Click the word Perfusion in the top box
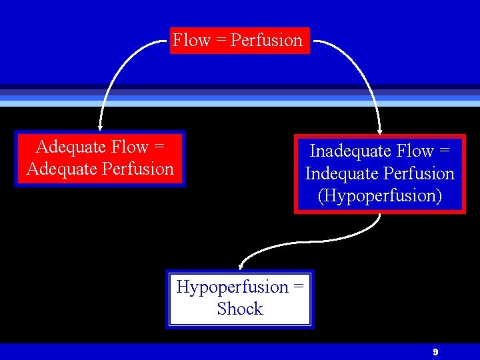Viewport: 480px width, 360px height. [x=266, y=41]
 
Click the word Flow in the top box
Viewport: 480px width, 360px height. [x=191, y=41]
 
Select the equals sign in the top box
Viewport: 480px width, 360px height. [x=220, y=41]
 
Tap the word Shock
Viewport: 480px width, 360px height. [x=240, y=309]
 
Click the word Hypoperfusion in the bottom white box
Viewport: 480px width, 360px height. [x=232, y=287]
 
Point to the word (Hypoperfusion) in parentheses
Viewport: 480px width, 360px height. [x=379, y=196]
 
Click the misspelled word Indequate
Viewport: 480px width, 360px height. [x=341, y=174]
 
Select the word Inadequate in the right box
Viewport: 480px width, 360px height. [x=348, y=151]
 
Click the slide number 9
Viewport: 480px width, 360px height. [x=435, y=351]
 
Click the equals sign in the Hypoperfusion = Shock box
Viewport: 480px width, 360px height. [x=298, y=287]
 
